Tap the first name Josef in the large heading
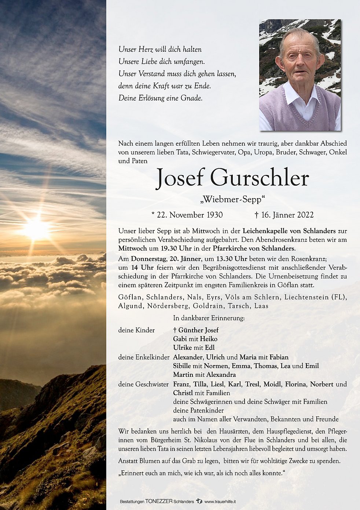point(180,178)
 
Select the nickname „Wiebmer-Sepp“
point(232,200)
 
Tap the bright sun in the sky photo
point(36,229)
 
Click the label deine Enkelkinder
point(144,357)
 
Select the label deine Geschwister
point(143,384)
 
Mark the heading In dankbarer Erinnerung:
point(209,318)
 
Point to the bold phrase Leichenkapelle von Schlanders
point(289,231)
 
